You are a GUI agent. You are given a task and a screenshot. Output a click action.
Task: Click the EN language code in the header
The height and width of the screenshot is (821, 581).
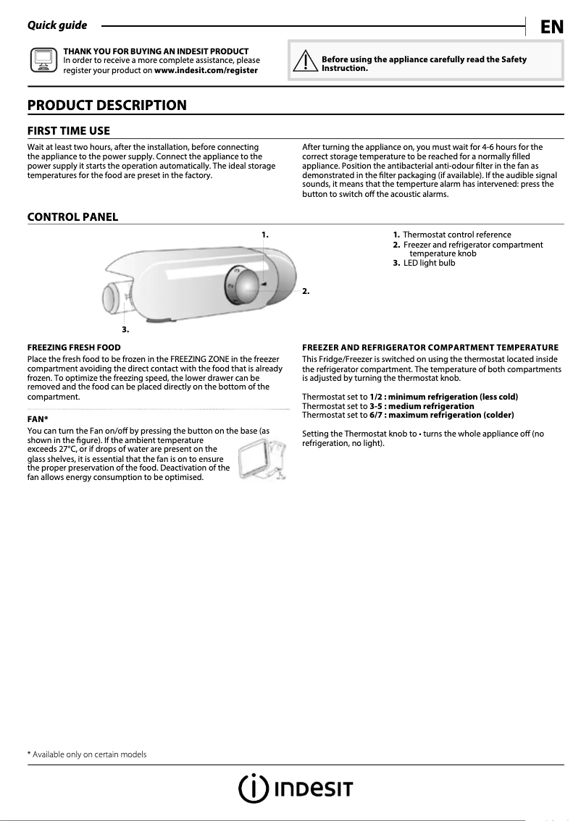click(x=551, y=28)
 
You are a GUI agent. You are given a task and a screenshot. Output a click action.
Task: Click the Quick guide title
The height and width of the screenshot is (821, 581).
click(x=57, y=26)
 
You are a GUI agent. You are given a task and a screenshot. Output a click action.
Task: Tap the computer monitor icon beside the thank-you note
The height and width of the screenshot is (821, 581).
click(x=43, y=61)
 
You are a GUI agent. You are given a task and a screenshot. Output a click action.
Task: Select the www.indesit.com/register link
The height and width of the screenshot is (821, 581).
click(x=206, y=70)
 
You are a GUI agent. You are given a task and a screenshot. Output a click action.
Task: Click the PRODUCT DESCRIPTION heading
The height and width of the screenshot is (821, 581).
click(x=106, y=106)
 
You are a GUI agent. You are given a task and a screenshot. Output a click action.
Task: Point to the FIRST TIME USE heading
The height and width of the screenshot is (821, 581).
click(x=68, y=131)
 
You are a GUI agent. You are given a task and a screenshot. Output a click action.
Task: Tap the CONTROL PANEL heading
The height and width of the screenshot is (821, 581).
click(x=72, y=217)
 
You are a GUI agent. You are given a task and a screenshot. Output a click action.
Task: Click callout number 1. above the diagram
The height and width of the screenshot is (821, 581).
click(x=264, y=234)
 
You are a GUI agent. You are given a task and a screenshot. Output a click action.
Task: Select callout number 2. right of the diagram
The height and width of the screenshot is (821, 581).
click(x=306, y=291)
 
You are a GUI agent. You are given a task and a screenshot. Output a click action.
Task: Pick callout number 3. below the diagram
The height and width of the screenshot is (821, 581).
click(x=125, y=329)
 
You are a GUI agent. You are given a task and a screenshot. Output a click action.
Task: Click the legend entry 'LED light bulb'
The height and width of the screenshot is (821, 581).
click(x=429, y=262)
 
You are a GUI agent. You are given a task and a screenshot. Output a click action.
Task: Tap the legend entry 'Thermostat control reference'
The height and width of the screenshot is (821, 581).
click(x=456, y=235)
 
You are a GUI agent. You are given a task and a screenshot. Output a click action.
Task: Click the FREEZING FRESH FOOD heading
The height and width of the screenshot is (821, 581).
click(x=74, y=348)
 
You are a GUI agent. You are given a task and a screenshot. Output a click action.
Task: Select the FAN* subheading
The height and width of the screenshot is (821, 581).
click(x=38, y=419)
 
